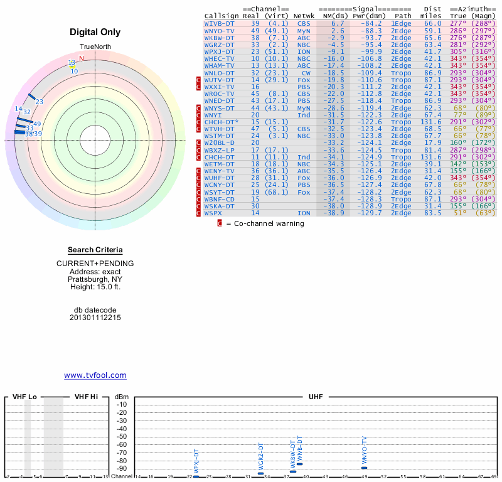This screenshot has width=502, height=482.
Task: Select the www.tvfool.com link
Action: point(95,375)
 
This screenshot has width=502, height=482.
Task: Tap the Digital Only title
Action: point(95,32)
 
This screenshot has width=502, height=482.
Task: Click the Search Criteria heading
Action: point(95,250)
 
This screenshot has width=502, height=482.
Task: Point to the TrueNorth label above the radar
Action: point(95,48)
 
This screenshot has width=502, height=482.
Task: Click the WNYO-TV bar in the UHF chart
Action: point(364,468)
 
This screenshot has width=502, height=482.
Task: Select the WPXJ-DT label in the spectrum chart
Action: point(196,461)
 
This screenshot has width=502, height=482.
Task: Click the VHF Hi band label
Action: point(87,397)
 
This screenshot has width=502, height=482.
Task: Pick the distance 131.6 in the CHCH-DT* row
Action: point(431,122)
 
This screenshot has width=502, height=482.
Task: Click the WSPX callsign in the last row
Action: point(213,213)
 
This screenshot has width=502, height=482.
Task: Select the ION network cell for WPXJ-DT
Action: point(304,51)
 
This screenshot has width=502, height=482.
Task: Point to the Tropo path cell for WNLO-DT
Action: point(402,73)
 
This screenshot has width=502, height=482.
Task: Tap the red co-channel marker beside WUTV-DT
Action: point(199,80)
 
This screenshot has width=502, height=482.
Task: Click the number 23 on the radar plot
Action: point(39,102)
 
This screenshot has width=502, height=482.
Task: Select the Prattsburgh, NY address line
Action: point(95,279)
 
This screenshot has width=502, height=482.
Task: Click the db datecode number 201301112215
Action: point(95,318)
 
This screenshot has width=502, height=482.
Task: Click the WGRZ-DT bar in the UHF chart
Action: point(261,473)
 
